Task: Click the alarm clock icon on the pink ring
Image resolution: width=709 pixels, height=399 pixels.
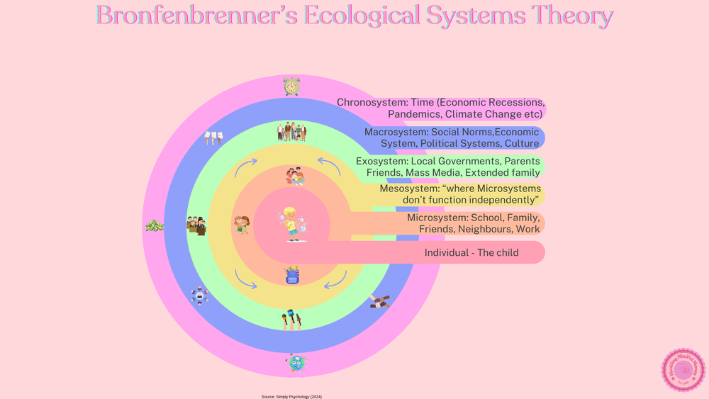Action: (x=291, y=86)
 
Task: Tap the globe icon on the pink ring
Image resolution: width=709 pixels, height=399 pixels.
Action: (x=296, y=364)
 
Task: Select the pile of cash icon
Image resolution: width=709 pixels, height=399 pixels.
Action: (x=155, y=226)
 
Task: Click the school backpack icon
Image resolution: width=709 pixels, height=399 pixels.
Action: (x=292, y=275)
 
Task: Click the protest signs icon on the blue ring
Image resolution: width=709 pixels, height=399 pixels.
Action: (x=213, y=137)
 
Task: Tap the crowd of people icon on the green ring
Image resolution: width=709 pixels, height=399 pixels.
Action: (x=291, y=131)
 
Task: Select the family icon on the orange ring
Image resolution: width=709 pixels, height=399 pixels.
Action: (x=295, y=176)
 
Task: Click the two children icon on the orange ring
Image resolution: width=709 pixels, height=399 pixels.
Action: (x=242, y=225)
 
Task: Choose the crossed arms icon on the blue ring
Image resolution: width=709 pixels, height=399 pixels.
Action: (x=380, y=302)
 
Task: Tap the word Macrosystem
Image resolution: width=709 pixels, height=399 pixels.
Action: (x=396, y=132)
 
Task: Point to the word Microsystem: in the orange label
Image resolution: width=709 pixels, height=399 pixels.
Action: (x=437, y=218)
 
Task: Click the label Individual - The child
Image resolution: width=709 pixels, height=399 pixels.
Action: (x=471, y=253)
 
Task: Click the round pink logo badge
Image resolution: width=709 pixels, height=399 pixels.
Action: (x=683, y=370)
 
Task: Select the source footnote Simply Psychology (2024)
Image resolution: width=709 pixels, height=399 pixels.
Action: (x=291, y=397)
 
